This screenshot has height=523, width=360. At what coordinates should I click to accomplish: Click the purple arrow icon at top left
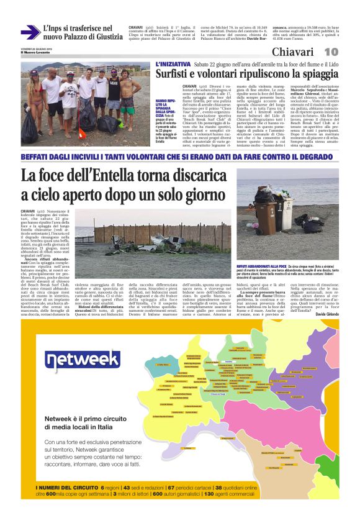click(x=29, y=32)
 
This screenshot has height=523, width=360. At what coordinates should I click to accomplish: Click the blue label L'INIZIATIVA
click(x=173, y=64)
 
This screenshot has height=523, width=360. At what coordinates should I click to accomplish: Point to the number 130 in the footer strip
click(x=217, y=512)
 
